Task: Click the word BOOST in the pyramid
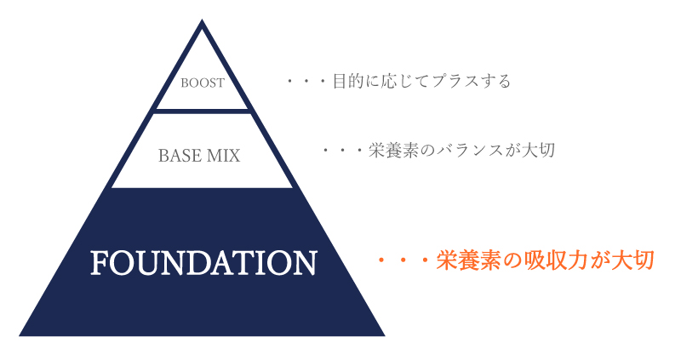coord(203,83)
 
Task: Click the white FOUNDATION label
coord(203,263)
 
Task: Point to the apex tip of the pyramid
coord(202,20)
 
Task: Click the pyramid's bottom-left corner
coord(19,335)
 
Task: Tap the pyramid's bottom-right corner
coord(385,335)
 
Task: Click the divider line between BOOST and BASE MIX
coord(203,111)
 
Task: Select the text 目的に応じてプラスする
coord(421,81)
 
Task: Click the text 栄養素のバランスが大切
coord(461,151)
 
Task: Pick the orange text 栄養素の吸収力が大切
coord(545,260)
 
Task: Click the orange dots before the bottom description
coord(403,261)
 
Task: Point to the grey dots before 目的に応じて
coord(306,81)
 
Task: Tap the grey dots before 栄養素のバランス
coord(342,151)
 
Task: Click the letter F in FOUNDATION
coord(100,263)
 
